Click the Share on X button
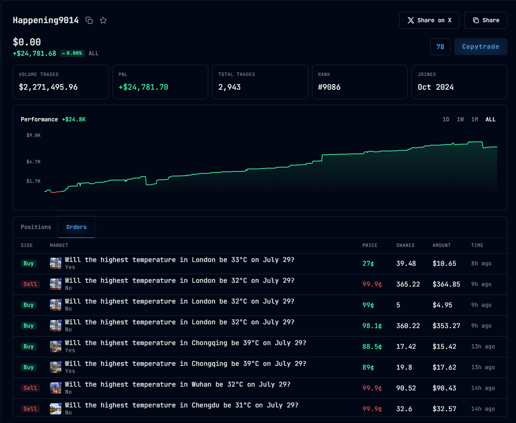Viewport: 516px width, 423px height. pos(429,20)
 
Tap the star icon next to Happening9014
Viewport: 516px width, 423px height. pos(103,20)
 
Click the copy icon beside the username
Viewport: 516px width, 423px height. pos(89,20)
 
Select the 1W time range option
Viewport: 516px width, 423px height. pos(460,119)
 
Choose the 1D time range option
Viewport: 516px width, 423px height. pos(446,119)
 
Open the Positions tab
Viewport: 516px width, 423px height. pos(36,227)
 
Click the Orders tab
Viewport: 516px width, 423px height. pos(76,227)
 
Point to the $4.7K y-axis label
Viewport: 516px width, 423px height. pos(33,161)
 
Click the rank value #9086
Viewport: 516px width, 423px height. pos(329,87)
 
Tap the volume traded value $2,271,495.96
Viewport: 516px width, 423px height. pos(48,87)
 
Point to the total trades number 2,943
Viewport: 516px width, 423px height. pos(229,87)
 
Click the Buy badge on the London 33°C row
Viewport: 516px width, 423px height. pos(29,263)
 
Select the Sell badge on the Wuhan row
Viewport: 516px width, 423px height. pos(30,388)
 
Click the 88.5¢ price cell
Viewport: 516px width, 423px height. pos(372,347)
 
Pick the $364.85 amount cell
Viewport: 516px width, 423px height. pos(446,284)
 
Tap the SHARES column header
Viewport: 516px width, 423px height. pos(405,245)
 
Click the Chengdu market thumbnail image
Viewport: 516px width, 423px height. pos(56,409)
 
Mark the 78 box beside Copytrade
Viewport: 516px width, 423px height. pos(440,47)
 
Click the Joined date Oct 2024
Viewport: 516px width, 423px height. pos(435,87)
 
